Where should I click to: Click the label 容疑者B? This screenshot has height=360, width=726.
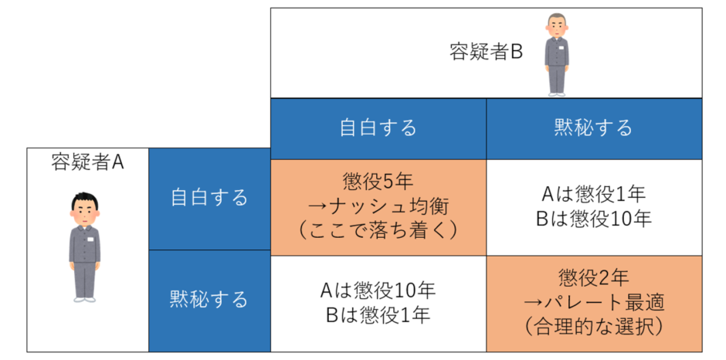point(486,53)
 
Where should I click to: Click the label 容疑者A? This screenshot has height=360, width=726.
point(87,163)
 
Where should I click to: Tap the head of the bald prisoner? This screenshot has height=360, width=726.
point(557,26)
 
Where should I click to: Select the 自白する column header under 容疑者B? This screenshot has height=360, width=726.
point(378,128)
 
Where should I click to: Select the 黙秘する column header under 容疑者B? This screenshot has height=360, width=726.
point(594,128)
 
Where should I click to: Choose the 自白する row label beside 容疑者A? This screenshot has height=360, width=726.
point(209,199)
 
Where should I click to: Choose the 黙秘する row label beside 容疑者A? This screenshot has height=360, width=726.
point(209,300)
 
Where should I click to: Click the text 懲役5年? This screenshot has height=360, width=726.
point(378,182)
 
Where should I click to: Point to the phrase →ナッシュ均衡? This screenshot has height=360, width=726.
point(378,206)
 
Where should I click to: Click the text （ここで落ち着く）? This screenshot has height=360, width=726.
point(378,231)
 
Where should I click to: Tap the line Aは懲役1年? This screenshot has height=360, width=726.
point(594,195)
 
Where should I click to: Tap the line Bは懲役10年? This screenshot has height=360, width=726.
point(594,219)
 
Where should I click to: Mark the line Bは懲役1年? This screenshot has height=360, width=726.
point(378,315)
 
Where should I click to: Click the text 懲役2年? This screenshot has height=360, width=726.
point(594,278)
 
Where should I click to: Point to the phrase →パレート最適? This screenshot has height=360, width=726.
point(594,303)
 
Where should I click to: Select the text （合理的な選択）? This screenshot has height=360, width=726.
point(594,328)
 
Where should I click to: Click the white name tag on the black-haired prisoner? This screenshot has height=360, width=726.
point(90,239)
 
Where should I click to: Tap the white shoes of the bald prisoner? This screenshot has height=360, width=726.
point(557,94)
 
